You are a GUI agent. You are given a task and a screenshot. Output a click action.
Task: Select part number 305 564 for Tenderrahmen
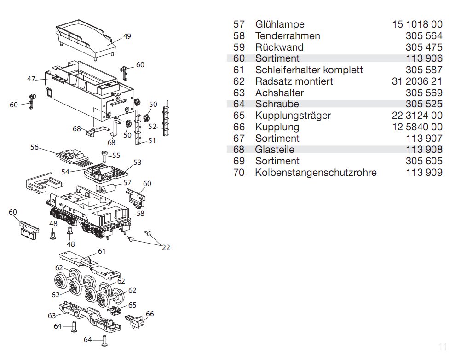[424, 36]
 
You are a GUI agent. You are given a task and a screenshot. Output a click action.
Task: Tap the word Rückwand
[279, 47]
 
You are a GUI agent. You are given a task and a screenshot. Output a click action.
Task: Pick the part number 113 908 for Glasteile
[424, 150]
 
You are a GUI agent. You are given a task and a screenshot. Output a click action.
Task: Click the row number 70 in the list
[239, 173]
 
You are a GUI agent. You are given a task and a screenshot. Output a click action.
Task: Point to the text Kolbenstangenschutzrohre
[316, 173]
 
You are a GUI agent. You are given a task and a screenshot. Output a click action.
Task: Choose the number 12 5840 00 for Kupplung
[417, 127]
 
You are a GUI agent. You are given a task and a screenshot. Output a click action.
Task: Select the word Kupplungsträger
[293, 116]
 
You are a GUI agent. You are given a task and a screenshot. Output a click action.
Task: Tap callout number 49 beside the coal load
[127, 36]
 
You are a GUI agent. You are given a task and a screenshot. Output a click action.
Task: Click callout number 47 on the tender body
[31, 79]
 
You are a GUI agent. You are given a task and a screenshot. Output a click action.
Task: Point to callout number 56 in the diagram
[35, 147]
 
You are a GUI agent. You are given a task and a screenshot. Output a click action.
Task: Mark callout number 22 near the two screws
[166, 248]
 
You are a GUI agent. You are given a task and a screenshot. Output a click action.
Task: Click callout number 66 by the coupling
[150, 314]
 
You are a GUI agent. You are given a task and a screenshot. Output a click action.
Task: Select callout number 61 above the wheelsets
[102, 251]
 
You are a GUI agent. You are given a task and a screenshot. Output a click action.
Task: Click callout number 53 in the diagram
[137, 162]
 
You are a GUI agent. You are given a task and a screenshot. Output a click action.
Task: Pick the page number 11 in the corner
[443, 347]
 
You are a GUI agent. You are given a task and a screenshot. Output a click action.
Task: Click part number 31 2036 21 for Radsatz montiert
[417, 81]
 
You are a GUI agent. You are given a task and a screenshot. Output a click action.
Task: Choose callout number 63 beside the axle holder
[52, 315]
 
